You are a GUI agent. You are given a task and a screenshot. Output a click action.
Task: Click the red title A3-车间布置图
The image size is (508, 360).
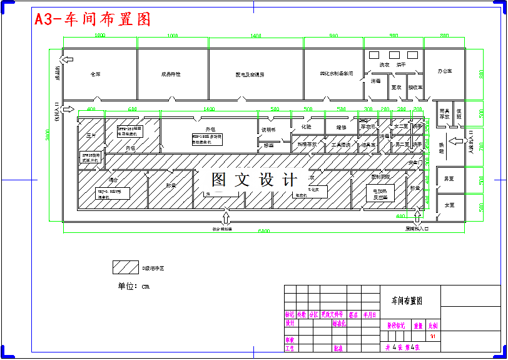click(x=93, y=19)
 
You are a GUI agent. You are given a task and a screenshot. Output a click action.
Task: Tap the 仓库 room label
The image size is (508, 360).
click(x=95, y=74)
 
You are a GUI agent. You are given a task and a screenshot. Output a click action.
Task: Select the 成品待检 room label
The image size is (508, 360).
click(x=170, y=74)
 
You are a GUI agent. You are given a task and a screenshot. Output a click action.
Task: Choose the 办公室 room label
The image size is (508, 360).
click(x=445, y=71)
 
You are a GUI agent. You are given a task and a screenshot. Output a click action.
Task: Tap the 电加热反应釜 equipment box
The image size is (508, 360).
click(x=380, y=193)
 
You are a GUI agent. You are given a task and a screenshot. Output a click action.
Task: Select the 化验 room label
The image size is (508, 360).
click(x=306, y=126)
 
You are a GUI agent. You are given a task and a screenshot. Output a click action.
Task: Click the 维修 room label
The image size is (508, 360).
click(x=341, y=127)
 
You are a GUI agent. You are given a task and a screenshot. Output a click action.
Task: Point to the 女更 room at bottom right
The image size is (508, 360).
click(x=449, y=205)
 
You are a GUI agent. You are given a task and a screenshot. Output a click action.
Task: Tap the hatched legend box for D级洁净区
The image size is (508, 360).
click(x=125, y=267)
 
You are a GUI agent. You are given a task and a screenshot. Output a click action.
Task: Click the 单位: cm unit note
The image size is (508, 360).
click(x=134, y=286)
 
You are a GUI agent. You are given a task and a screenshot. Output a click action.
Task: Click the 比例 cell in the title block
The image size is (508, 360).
click(x=433, y=326)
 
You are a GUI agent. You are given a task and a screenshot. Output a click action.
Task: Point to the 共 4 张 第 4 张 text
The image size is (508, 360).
click(x=402, y=347)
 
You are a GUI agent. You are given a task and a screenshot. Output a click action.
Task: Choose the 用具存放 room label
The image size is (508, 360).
click(x=444, y=113)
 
